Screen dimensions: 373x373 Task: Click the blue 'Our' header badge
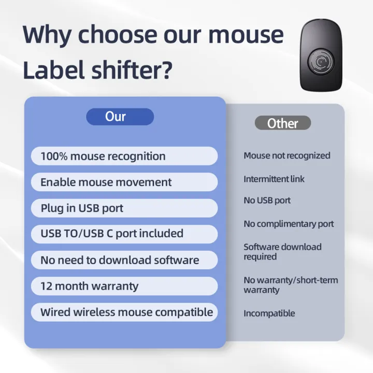pos(120,117)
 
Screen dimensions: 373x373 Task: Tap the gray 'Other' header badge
pos(283,123)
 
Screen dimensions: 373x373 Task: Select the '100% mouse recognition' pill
pos(124,156)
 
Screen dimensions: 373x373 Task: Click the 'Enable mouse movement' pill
pos(124,182)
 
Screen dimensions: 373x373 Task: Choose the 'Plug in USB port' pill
pos(124,208)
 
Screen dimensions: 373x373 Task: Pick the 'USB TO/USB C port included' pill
pos(124,234)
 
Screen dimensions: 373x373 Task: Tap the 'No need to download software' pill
pos(124,260)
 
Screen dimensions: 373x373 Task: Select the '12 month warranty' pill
pos(124,286)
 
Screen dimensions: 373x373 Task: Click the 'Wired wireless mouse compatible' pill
pos(124,312)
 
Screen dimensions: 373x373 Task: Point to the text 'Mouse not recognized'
pos(286,155)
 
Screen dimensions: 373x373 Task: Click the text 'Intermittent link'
pos(274,179)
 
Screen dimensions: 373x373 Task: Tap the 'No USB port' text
pos(267,200)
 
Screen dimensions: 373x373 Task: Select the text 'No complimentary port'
pos(289,224)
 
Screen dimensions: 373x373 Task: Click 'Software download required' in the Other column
pos(282,252)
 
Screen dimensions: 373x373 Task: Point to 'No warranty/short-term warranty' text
pos(290,285)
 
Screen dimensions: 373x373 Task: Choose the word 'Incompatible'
pos(269,313)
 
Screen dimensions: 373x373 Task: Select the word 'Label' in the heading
pos(50,69)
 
